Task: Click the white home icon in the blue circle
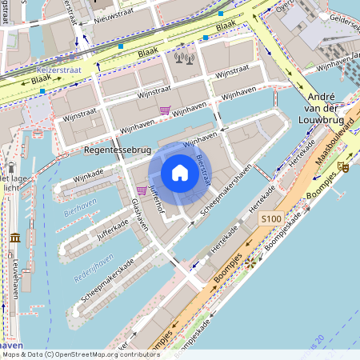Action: point(180,172)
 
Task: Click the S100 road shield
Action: point(271,218)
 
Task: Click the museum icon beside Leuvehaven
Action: point(15,237)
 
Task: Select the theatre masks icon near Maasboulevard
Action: point(343,166)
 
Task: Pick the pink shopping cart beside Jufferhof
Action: point(142,190)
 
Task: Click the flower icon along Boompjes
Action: point(250,261)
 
